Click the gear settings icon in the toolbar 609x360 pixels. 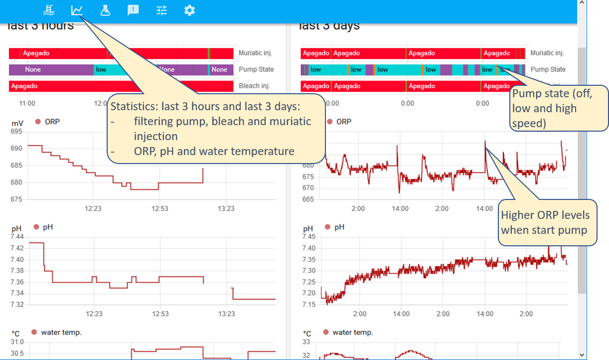189,10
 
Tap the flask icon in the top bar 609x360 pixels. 105,10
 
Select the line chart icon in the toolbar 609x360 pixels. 77,10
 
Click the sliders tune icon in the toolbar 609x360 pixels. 161,10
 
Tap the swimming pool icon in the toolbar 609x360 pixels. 49,10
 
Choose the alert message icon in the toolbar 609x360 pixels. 133,10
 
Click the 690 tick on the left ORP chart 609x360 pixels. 16,149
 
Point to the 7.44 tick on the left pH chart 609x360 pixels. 17,236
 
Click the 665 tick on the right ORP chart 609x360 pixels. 308,199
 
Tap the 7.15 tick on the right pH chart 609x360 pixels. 309,304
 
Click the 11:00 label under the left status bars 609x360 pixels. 27,103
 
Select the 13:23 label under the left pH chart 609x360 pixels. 226,314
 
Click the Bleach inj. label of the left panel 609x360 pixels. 254,86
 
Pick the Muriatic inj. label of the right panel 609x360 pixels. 547,53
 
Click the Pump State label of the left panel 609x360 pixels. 256,69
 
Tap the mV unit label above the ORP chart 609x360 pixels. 17,123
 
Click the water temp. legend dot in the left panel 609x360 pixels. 34,332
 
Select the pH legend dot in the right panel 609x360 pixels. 327,227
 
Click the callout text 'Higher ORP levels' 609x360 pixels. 545,215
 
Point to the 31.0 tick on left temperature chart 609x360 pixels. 17,342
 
